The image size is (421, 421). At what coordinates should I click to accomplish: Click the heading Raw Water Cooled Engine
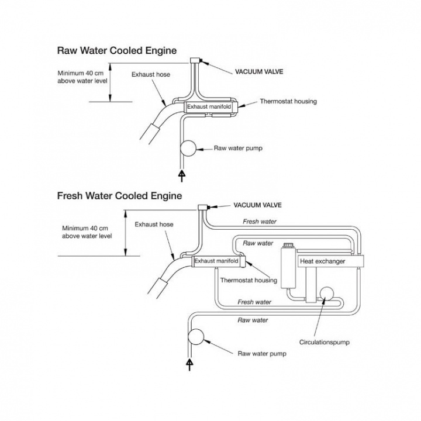pos(116,51)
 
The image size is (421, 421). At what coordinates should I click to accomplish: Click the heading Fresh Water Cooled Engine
pos(119,195)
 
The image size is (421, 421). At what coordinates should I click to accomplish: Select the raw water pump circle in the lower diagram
pos(195,337)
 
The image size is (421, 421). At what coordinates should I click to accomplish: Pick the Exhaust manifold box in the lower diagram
pos(216,261)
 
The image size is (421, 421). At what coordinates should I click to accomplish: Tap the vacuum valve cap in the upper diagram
pos(196,61)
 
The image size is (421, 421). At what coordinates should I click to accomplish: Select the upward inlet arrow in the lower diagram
pos(189,364)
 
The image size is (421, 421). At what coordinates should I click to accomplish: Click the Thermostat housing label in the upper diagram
pos(288,101)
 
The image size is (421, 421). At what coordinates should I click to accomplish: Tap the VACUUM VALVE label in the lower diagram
pos(257,205)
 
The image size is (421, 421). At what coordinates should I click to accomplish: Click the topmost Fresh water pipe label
pos(260,222)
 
